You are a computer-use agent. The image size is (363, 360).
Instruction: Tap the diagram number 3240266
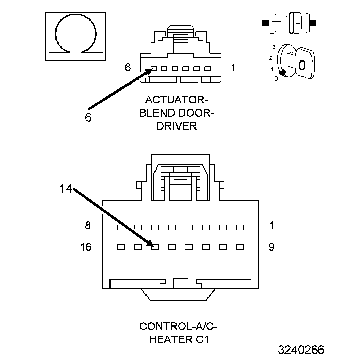point(301,350)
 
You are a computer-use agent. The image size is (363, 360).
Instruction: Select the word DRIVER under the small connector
point(176,126)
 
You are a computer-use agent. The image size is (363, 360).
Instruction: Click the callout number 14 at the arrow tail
point(66,189)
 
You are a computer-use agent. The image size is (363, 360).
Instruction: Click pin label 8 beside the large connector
point(88,226)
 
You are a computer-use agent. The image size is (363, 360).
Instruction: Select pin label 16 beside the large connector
point(86,247)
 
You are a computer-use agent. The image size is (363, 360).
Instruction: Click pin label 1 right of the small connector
point(233,67)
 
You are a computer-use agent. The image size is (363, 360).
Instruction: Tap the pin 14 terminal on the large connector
point(155,247)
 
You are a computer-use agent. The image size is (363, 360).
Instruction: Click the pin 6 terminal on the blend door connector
point(154,68)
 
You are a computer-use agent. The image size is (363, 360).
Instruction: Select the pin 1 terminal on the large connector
point(240,228)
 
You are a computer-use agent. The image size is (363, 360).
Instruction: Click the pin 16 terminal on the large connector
point(121,247)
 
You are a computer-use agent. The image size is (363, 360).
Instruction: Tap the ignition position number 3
point(274,47)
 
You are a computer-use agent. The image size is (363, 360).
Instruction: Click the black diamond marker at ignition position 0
point(283,72)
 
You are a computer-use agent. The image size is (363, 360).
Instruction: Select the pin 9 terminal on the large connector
point(240,247)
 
